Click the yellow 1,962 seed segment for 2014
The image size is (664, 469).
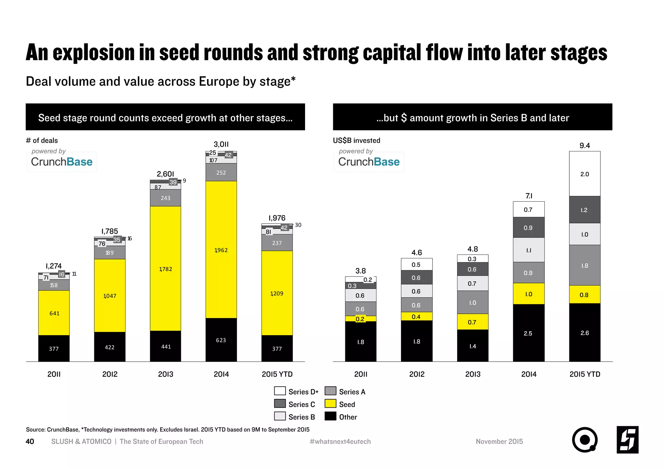(x=221, y=250)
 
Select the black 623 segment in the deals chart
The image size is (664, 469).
(x=221, y=340)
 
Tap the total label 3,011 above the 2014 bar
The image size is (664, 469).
(x=221, y=144)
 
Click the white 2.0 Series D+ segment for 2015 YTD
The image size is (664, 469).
(x=585, y=174)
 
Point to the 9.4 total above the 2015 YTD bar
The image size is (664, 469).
(x=585, y=146)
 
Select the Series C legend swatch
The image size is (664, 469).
(x=280, y=404)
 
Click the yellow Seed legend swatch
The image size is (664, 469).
(x=330, y=404)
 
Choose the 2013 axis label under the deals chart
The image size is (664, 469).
(x=166, y=374)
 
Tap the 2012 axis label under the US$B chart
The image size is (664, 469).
(x=417, y=374)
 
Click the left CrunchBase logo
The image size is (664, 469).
(x=62, y=161)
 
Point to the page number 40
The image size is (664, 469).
(x=30, y=441)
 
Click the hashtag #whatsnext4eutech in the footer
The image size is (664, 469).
(x=340, y=441)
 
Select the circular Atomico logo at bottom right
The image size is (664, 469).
(x=585, y=440)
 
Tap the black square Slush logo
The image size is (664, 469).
(x=627, y=440)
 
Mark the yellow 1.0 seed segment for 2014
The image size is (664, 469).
(x=528, y=294)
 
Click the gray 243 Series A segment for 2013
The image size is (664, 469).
(x=165, y=198)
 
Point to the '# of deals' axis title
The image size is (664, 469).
(x=42, y=140)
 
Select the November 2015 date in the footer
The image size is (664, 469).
(x=499, y=441)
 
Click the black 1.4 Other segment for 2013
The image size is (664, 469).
(x=472, y=346)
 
